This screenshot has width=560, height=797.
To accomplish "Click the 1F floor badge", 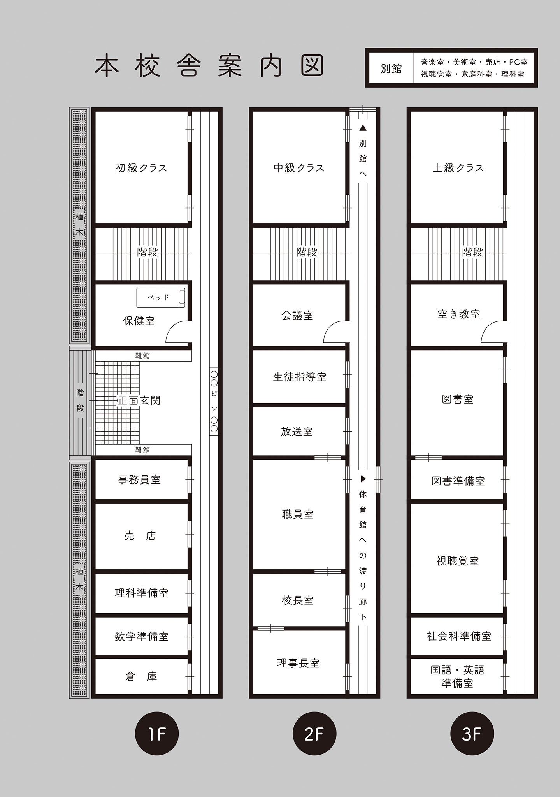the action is coord(156,734).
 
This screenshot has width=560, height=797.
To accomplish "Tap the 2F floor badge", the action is coord(314,734).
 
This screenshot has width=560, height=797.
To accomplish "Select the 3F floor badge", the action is coord(472,734).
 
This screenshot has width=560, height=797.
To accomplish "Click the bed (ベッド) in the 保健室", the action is coord(161,298).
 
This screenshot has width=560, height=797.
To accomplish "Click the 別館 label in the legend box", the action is coord(391,68).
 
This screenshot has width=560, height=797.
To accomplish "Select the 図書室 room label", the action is coord(458,399).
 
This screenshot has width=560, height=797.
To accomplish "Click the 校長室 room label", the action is coord(298,600).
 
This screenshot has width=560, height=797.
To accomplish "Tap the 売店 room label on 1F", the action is coord(140,536).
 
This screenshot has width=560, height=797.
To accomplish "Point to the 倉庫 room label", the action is coord(141,677).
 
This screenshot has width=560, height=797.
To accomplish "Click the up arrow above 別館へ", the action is coord(363,127).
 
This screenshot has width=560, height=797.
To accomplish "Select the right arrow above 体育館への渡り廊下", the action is coord(363,479).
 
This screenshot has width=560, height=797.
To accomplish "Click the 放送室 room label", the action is coord(297,432).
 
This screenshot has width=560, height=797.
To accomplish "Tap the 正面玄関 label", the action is coord(139,400).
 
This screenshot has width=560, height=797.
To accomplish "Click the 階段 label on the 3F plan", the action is coord(472,252).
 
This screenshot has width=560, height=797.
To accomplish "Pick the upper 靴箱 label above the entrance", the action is coord(142,356).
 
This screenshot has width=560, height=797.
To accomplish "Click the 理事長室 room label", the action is coord(298,663).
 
